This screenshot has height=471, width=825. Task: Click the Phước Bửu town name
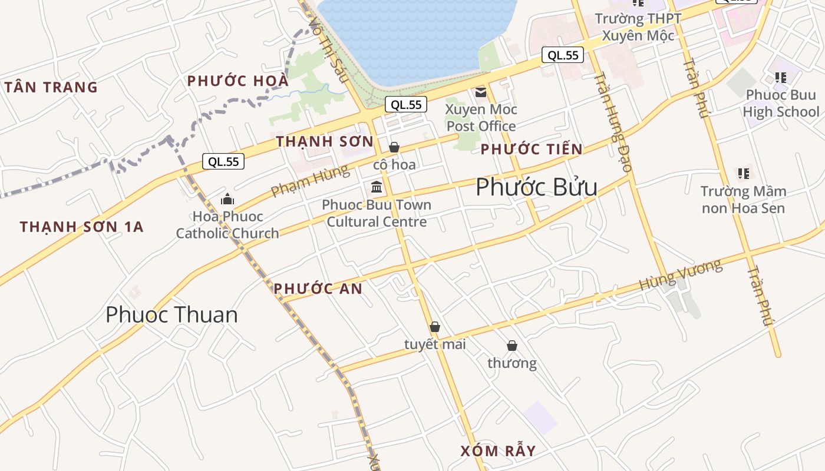[536, 187]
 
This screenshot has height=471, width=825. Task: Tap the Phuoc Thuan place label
[171, 315]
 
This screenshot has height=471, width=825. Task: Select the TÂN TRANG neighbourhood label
[51, 87]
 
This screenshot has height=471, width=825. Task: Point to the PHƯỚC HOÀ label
[238, 81]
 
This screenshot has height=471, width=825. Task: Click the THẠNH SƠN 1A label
[81, 227]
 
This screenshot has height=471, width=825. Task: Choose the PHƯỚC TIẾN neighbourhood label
[531, 150]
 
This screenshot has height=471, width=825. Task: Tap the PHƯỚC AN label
[318, 288]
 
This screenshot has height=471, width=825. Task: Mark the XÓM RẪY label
[498, 452]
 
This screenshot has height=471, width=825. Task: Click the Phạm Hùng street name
[309, 181]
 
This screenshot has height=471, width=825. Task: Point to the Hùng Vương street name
[681, 276]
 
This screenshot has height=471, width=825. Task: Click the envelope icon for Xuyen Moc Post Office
[481, 92]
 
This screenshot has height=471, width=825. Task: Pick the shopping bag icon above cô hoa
[394, 147]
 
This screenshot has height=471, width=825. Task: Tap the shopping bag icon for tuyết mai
[435, 327]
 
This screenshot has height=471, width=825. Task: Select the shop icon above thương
[512, 346]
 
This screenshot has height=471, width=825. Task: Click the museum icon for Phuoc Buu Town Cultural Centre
[377, 187]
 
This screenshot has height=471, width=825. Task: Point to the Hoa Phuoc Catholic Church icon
[227, 200]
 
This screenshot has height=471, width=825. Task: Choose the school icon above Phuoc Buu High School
[781, 77]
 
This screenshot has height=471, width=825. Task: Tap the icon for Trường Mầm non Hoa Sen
[744, 173]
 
